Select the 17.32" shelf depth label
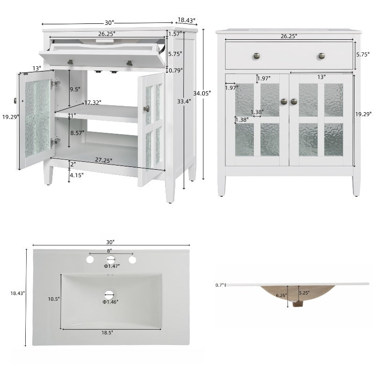click(x=93, y=102)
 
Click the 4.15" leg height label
click(x=76, y=176)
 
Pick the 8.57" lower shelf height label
click(x=77, y=133)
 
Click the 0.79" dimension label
click(x=175, y=71)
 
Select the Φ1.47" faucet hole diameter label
click(x=112, y=266)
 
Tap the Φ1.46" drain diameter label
click(x=111, y=302)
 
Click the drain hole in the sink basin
click(x=109, y=295)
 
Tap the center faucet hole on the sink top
click(x=110, y=259)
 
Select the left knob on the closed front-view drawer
click(x=257, y=56)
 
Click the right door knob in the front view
click(x=294, y=101)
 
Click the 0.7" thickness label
click(x=219, y=285)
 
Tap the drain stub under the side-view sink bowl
click(x=295, y=304)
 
